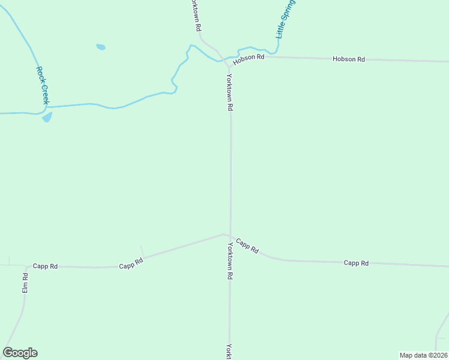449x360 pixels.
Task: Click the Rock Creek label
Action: (x=41, y=85)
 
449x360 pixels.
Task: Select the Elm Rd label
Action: (x=25, y=283)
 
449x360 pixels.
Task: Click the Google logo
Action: (x=20, y=353)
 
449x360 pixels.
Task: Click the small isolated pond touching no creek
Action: (x=101, y=47)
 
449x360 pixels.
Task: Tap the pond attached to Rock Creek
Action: (x=47, y=117)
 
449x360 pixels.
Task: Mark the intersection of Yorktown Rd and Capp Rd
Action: (x=230, y=236)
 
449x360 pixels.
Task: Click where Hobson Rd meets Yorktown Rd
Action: (x=226, y=61)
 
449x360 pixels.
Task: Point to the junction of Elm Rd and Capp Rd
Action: (x=26, y=266)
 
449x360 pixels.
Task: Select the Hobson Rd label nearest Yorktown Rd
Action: (x=249, y=58)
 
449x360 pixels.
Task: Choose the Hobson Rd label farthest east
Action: (x=349, y=59)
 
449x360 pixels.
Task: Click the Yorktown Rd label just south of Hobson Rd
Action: (x=229, y=92)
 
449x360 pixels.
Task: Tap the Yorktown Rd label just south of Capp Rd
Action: (x=229, y=262)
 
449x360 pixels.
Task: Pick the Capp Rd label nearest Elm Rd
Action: (x=45, y=266)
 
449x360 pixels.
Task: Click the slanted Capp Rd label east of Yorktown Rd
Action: (x=247, y=246)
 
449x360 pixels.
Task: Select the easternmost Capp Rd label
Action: (x=356, y=263)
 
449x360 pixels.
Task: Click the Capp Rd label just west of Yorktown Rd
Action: (x=131, y=263)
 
